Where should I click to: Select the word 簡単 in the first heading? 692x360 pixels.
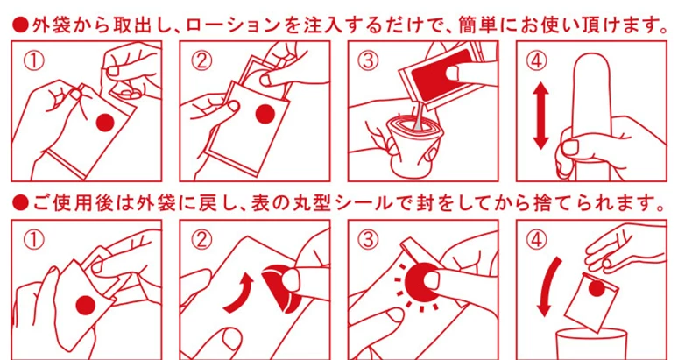[x=477, y=25]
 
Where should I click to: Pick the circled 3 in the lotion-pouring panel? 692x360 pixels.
[x=368, y=61]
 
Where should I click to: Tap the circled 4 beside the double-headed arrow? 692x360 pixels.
[x=536, y=61]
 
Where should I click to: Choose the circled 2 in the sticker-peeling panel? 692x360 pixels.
[x=201, y=240]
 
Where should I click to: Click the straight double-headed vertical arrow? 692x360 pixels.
[x=540, y=116]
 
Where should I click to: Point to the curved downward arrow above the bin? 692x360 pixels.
[x=548, y=287]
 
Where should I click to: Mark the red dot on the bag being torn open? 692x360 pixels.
[x=105, y=123]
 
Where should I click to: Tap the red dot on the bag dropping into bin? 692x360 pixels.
[x=597, y=288]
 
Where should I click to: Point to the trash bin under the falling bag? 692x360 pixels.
[x=591, y=345]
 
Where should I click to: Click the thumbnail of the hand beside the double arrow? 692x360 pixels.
[x=570, y=147]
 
